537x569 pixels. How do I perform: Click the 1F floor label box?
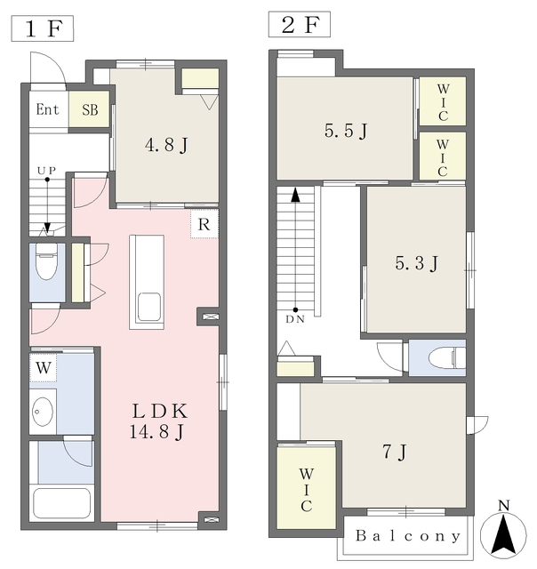(43, 28)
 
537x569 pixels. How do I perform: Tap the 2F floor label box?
(300, 24)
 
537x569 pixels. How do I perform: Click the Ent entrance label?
(47, 109)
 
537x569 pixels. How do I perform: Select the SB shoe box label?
(90, 109)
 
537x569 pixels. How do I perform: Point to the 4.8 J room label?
(166, 146)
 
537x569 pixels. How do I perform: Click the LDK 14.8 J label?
(158, 421)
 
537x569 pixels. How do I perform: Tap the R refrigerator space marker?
(204, 224)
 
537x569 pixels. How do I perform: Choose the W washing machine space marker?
(44, 367)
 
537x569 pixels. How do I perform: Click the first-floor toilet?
(46, 261)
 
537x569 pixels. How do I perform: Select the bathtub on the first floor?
(61, 504)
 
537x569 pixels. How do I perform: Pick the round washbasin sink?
(43, 412)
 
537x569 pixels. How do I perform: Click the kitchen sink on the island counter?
(148, 307)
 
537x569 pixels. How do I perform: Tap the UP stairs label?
(46, 170)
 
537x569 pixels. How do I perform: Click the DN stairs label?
(295, 319)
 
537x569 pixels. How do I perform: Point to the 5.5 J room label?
(346, 131)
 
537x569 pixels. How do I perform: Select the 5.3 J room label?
(417, 263)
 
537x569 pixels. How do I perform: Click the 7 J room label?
(395, 453)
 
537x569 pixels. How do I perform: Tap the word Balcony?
(408, 536)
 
